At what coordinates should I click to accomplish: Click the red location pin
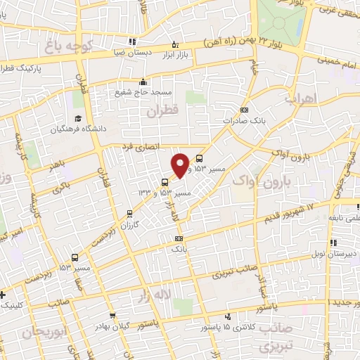pos(181,165)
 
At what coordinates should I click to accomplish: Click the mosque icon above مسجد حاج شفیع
pos(143,82)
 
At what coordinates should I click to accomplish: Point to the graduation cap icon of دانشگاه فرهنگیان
pos(78,117)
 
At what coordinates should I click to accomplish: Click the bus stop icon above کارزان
pos(129,213)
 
